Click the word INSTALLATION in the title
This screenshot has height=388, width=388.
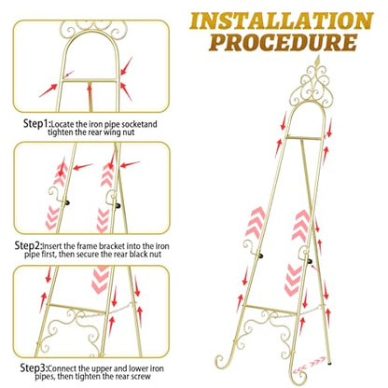click(x=282, y=21)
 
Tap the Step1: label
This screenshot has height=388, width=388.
click(x=36, y=124)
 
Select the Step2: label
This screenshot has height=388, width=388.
click(x=28, y=245)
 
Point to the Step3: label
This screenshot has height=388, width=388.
click(x=34, y=368)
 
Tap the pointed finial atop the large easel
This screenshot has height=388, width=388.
click(x=318, y=59)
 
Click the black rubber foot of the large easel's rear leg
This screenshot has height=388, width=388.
click(x=329, y=362)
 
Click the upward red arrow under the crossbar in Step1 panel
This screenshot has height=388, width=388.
click(x=90, y=92)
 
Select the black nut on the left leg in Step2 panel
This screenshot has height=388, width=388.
click(x=67, y=202)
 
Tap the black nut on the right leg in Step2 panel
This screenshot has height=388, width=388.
click(x=118, y=205)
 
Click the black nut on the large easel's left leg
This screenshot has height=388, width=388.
click(x=261, y=256)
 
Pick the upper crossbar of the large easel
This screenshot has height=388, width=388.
click(x=304, y=138)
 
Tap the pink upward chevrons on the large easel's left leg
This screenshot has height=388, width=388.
click(x=255, y=221)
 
